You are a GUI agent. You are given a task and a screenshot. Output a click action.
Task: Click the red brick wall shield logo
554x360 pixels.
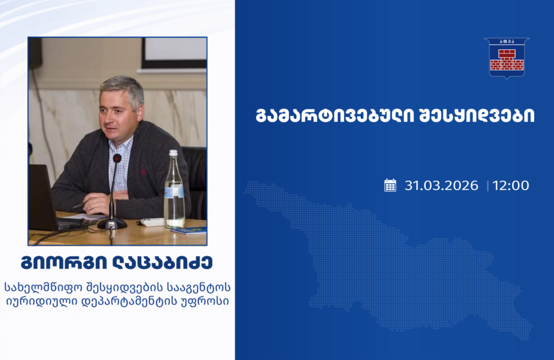(506, 58)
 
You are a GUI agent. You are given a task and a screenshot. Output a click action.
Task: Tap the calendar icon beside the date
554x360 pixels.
(390, 185)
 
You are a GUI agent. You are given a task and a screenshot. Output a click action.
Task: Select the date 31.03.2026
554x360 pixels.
(441, 185)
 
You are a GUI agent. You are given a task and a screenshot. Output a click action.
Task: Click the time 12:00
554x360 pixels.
(511, 185)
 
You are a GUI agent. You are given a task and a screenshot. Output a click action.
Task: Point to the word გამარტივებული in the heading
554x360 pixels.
(334, 115)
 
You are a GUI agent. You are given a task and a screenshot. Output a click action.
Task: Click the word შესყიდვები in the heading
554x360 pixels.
(477, 115)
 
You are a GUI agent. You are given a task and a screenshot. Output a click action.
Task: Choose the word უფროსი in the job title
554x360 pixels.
(209, 301)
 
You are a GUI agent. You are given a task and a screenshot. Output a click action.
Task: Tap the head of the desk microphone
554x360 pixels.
(117, 159)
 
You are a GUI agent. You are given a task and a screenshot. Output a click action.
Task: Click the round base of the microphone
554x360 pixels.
(112, 224)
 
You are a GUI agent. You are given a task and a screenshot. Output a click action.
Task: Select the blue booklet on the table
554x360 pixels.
(189, 231)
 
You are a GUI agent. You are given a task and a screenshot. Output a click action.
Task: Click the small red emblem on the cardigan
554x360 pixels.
(143, 172)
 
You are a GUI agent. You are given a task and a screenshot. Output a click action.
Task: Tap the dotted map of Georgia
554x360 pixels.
(388, 260)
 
